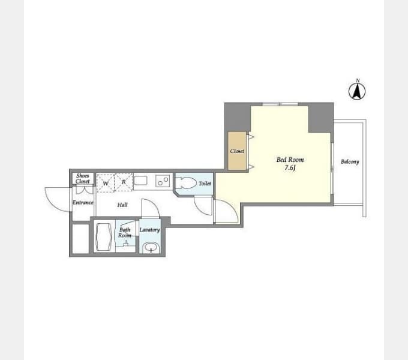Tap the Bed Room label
pyautogui.click(x=290, y=160)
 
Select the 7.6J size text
pyautogui.click(x=290, y=168)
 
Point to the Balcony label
pyautogui.click(x=350, y=161)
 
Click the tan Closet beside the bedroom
pyautogui.click(x=237, y=151)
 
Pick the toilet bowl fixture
pyautogui.click(x=185, y=183)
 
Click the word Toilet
pyautogui.click(x=205, y=184)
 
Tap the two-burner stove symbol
pyautogui.click(x=163, y=181)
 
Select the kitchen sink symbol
pyautogui.click(x=141, y=180)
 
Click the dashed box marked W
pyautogui.click(x=106, y=183)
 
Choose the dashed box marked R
pyautogui.click(x=124, y=182)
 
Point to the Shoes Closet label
pyautogui.click(x=83, y=178)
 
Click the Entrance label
pyautogui.click(x=83, y=202)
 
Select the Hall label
pyautogui.click(x=122, y=205)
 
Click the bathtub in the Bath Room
pyautogui.click(x=104, y=237)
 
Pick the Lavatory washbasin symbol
pyautogui.click(x=151, y=247)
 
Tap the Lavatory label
pyautogui.click(x=149, y=230)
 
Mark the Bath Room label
pyautogui.click(x=125, y=233)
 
